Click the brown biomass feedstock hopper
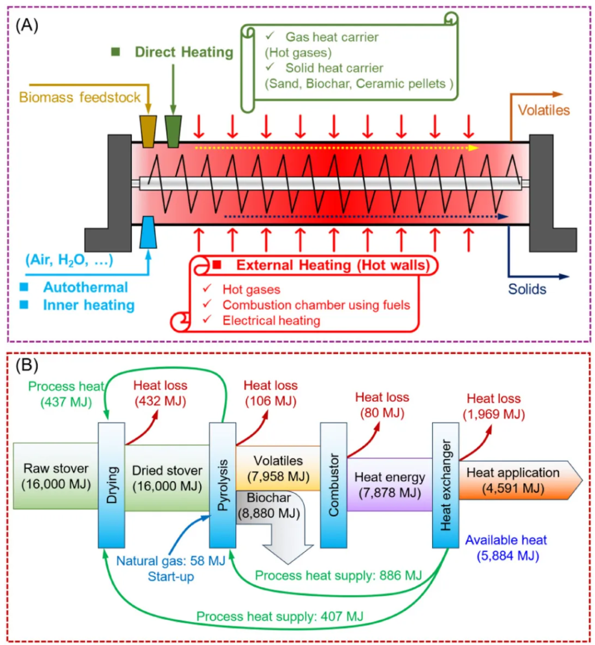click(148, 131)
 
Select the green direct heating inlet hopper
click(173, 131)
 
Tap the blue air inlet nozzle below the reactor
click(148, 233)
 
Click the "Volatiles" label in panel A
click(543, 110)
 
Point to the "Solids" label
click(527, 289)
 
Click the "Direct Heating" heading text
click(184, 52)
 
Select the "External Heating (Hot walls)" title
click(332, 265)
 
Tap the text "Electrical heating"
click(271, 320)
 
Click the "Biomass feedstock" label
click(80, 97)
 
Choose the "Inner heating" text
click(89, 305)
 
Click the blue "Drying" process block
click(112, 485)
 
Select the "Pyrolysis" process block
click(223, 485)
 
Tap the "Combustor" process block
click(334, 485)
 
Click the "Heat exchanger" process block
click(445, 485)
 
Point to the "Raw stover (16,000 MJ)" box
click(56, 476)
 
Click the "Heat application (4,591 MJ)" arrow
click(520, 480)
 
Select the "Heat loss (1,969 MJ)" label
click(494, 406)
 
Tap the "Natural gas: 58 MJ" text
click(170, 561)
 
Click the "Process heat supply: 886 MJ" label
click(338, 576)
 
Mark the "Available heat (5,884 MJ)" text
click(507, 548)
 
